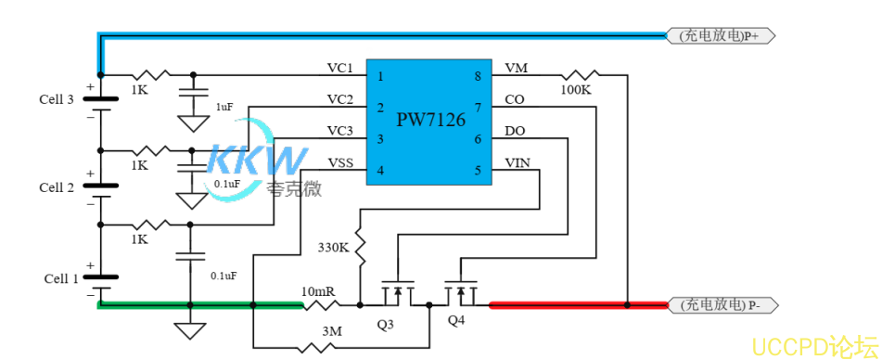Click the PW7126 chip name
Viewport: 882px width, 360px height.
click(430, 120)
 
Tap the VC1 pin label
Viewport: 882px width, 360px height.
click(339, 69)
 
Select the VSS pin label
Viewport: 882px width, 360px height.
click(339, 162)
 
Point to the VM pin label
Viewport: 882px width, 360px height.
click(517, 69)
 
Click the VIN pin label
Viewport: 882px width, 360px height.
click(518, 162)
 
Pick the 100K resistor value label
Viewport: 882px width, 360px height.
click(575, 90)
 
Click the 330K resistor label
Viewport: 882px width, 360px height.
click(333, 249)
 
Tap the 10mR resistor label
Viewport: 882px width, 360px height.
click(318, 291)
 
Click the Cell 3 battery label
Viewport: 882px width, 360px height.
click(57, 99)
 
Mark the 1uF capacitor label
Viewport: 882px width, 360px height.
click(224, 108)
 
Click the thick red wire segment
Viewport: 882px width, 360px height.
click(575, 304)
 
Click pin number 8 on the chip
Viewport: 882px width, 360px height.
click(478, 76)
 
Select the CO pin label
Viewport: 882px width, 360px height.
click(515, 99)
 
